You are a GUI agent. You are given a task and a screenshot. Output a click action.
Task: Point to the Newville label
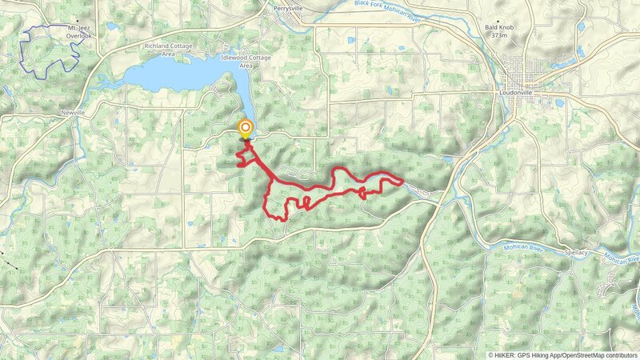tap(73, 113)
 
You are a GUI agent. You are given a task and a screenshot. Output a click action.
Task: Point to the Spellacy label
tap(576, 253)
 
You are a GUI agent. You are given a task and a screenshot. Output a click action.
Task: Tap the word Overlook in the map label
tap(79, 36)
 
